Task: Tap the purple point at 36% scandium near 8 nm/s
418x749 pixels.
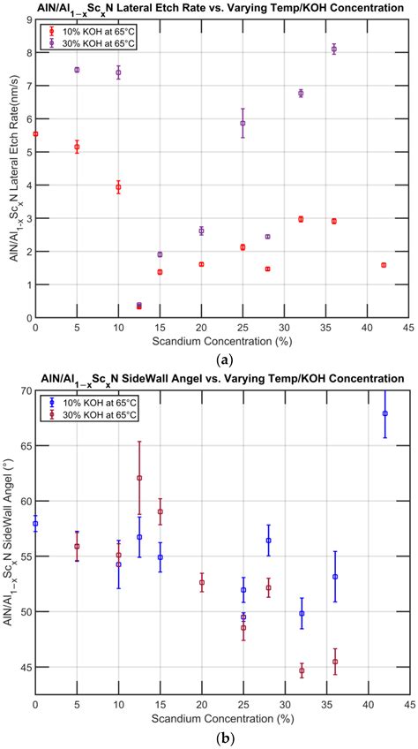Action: [x=334, y=49]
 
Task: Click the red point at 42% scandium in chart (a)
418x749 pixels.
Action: [x=384, y=265]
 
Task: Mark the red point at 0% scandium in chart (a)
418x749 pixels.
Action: [x=35, y=133]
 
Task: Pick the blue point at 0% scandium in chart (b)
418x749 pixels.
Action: [x=35, y=524]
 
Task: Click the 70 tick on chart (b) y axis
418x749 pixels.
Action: [x=26, y=390]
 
